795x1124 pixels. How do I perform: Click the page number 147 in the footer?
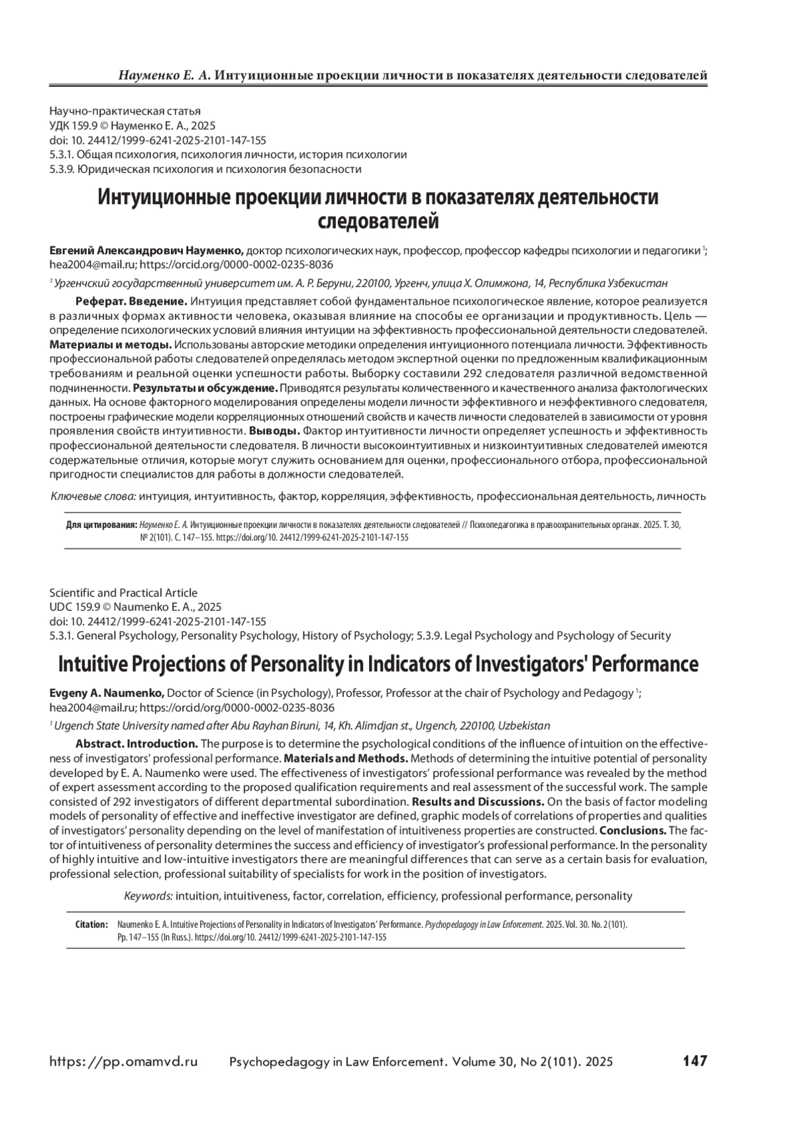click(695, 1061)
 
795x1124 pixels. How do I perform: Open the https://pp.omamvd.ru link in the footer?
click(124, 1062)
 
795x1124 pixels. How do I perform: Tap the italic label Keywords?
click(149, 895)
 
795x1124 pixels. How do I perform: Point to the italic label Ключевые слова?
click(93, 495)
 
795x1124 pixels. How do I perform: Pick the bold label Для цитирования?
click(101, 525)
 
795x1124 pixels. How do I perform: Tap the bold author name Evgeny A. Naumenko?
click(107, 693)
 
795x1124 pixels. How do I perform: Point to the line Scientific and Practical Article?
click(123, 593)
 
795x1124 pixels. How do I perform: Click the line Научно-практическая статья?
click(125, 111)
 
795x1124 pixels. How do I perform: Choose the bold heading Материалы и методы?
click(111, 344)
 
